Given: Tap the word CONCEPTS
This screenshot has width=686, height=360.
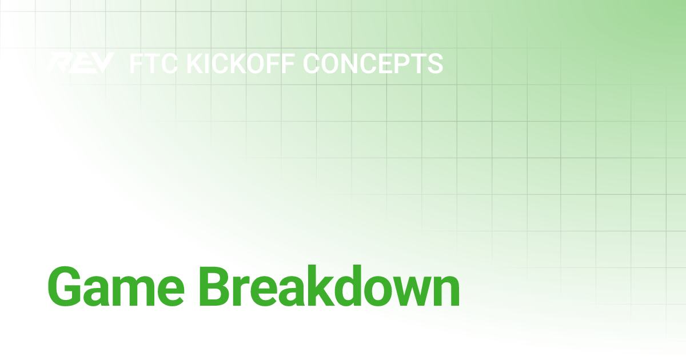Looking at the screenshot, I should coord(373,63).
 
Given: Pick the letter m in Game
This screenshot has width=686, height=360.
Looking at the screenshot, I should coord(139,290).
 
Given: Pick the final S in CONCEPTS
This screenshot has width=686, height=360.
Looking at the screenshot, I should coord(434,63).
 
